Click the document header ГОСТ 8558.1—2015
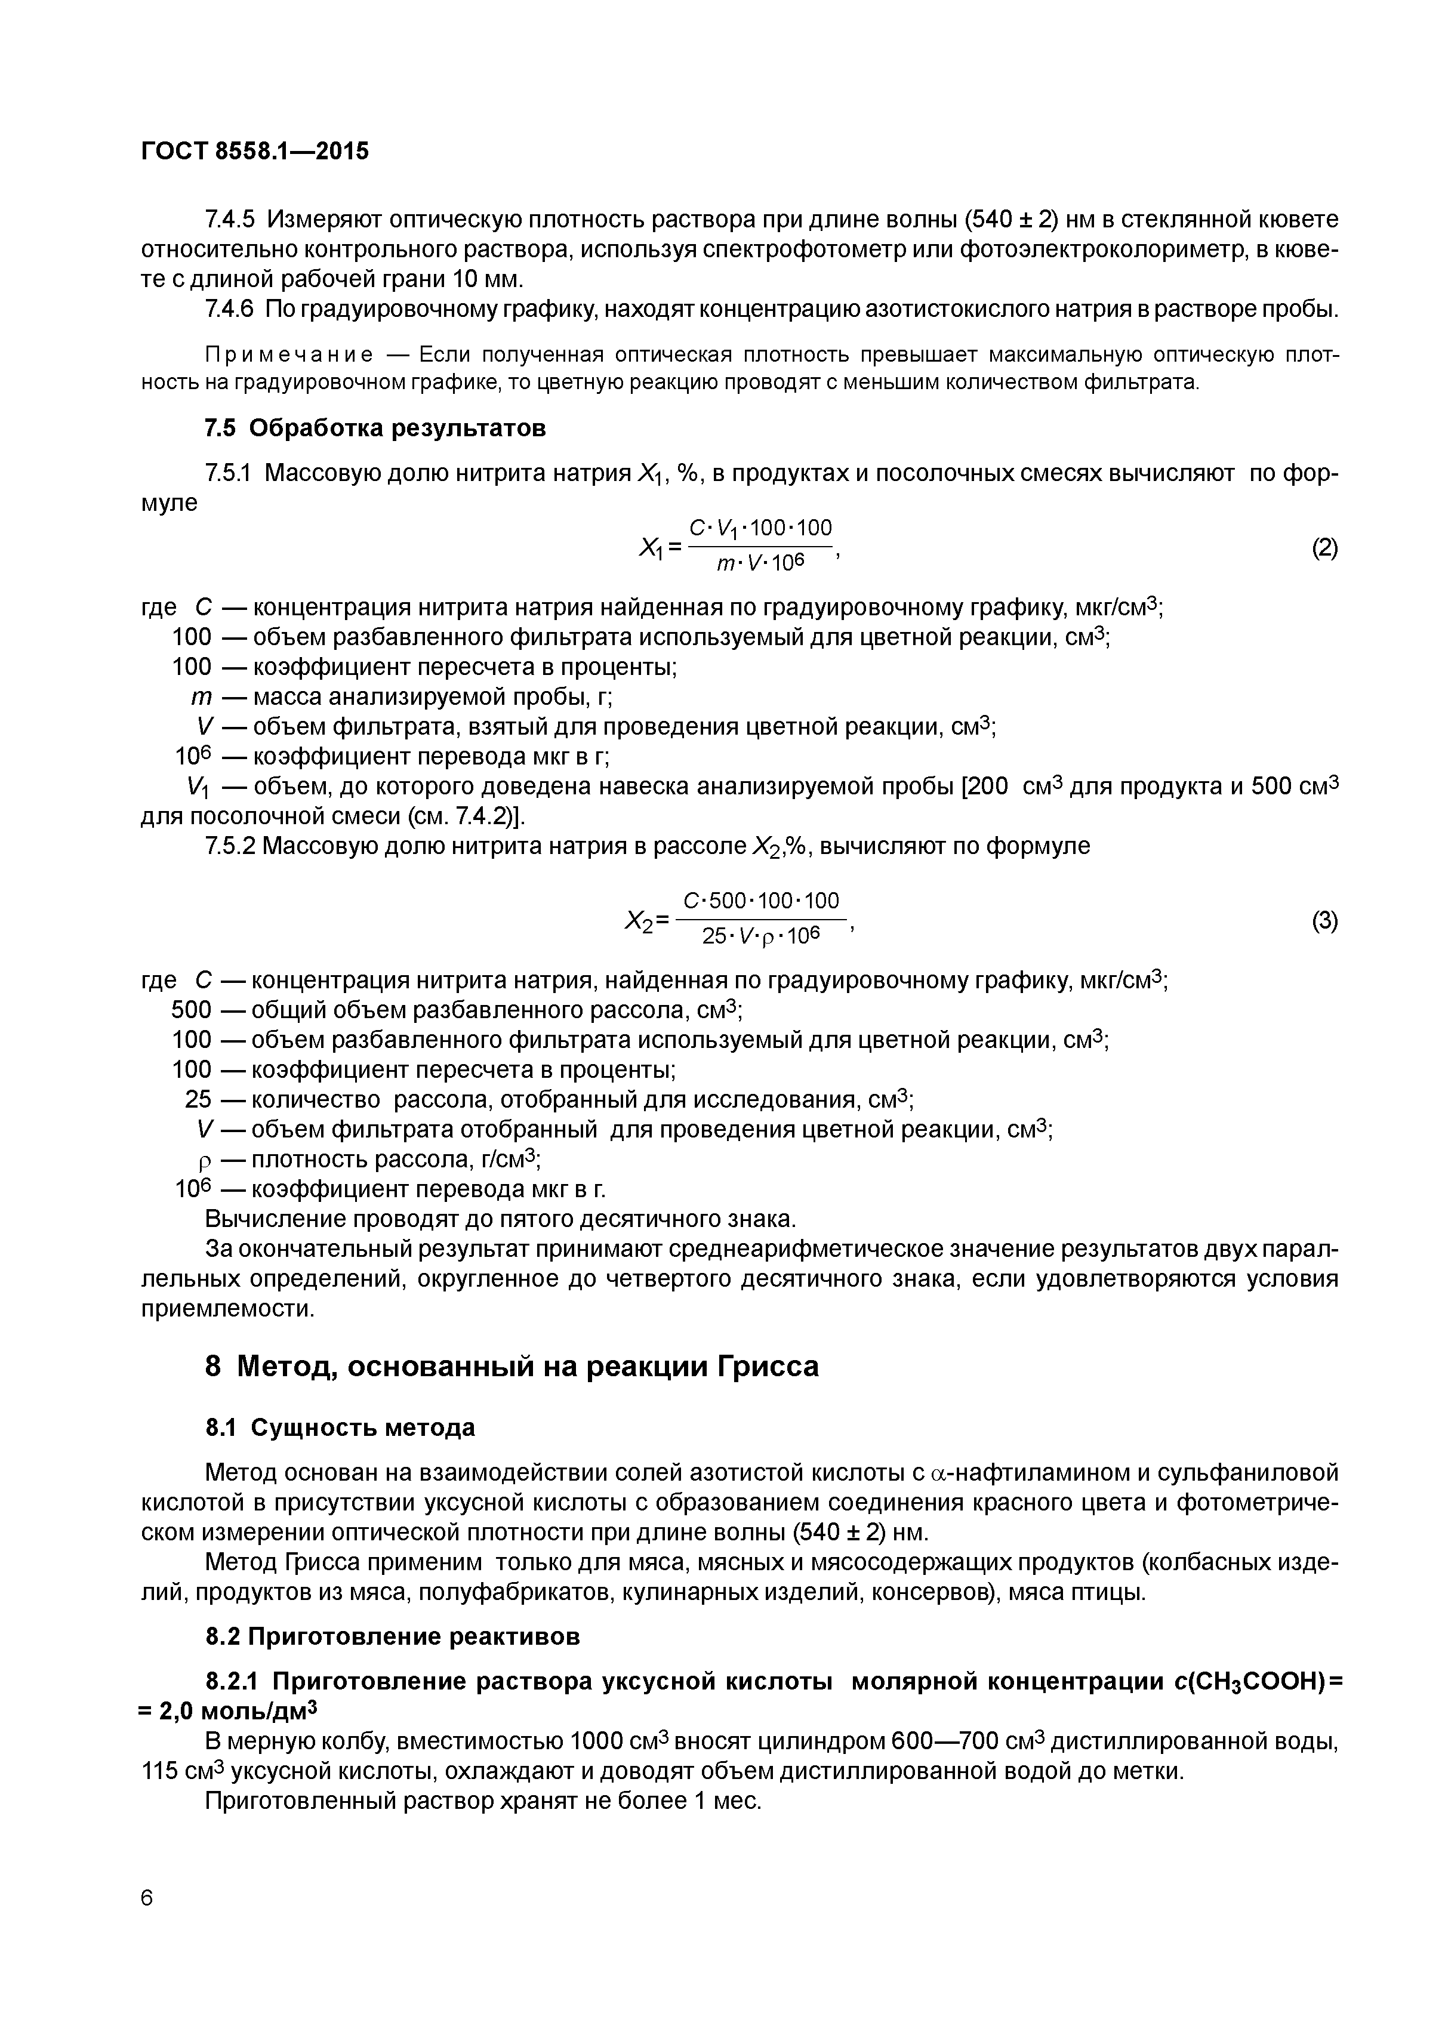pyautogui.click(x=255, y=152)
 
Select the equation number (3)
pyautogui.click(x=1324, y=921)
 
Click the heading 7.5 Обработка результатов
pyautogui.click(x=375, y=428)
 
